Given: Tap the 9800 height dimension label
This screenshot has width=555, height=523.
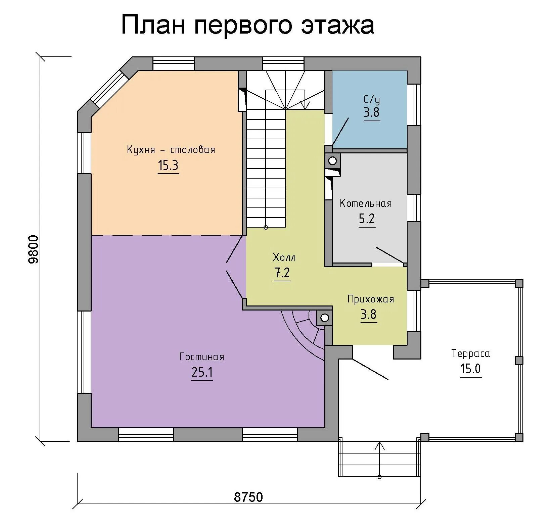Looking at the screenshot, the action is click(x=34, y=250).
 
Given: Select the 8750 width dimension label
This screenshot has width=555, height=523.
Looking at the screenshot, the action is click(x=248, y=497).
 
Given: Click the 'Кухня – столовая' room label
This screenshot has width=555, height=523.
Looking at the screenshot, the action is click(x=171, y=149).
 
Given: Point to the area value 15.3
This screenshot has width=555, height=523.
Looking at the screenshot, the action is click(x=168, y=165).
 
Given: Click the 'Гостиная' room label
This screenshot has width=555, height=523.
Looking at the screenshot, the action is click(x=202, y=356).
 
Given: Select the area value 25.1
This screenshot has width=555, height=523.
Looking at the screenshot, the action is click(x=202, y=372).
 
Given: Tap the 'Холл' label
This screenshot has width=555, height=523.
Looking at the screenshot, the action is click(x=284, y=257).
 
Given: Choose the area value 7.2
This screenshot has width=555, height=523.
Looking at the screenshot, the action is click(x=282, y=273).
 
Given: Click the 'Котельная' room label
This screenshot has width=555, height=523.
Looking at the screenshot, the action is click(x=366, y=203).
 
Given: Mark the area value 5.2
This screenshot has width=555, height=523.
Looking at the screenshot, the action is click(x=367, y=219).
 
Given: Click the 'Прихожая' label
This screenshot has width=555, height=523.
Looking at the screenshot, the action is click(x=371, y=299).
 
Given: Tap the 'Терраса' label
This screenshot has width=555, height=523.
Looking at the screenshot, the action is click(x=471, y=353).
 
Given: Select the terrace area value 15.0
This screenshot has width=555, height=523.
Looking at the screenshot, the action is click(x=471, y=369).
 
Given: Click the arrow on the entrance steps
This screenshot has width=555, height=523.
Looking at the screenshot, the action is click(x=380, y=460).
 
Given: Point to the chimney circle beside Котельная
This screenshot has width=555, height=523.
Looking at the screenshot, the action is click(x=332, y=161).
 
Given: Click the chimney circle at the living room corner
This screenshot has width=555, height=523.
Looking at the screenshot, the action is click(x=324, y=317).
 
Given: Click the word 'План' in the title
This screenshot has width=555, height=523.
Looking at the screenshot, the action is click(x=153, y=25).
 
